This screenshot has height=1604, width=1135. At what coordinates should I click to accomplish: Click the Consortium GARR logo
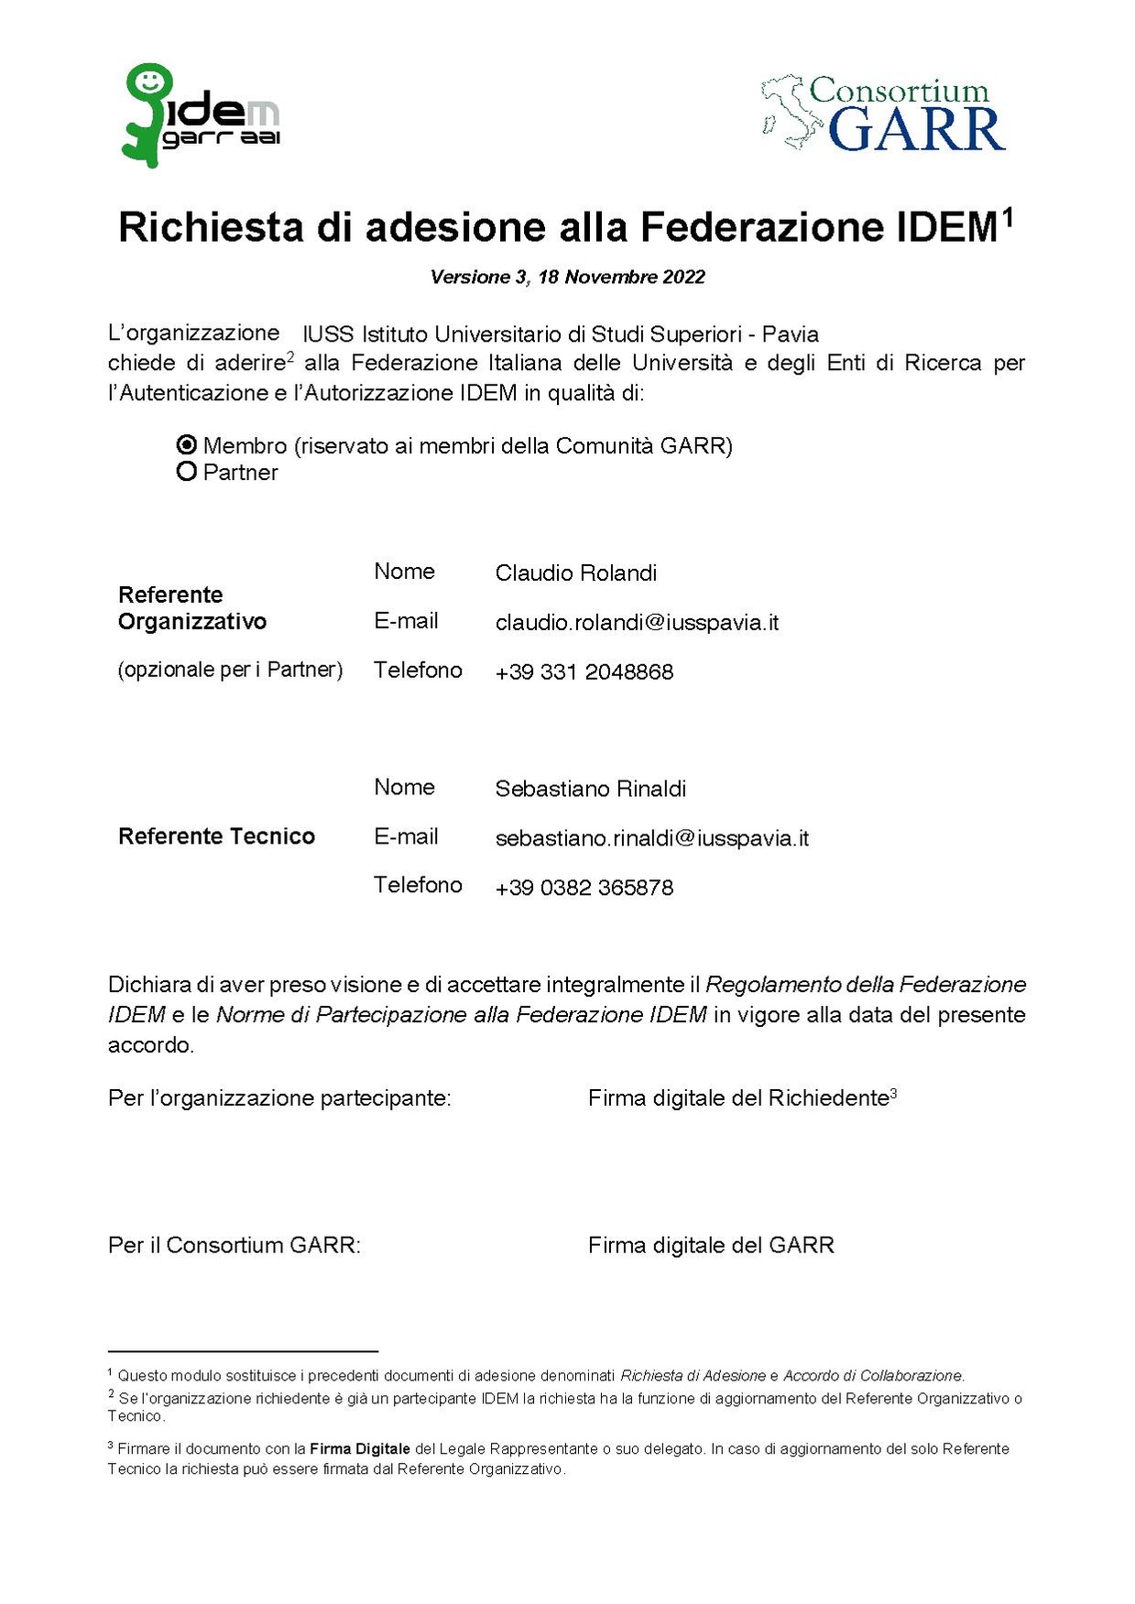pyautogui.click(x=883, y=115)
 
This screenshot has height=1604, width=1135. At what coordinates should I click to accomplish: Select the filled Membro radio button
pyautogui.click(x=187, y=445)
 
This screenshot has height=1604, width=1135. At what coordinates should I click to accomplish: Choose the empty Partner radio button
pyautogui.click(x=187, y=472)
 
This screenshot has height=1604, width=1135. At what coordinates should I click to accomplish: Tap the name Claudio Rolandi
pyautogui.click(x=575, y=573)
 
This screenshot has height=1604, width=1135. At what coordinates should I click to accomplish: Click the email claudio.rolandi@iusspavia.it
pyautogui.click(x=637, y=623)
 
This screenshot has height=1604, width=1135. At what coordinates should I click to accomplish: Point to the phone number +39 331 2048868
pyautogui.click(x=584, y=672)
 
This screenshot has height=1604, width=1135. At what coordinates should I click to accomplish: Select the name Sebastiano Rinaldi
pyautogui.click(x=590, y=789)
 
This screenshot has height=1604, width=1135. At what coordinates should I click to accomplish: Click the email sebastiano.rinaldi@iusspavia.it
pyautogui.click(x=651, y=838)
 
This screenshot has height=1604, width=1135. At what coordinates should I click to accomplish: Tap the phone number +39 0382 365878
pyautogui.click(x=584, y=888)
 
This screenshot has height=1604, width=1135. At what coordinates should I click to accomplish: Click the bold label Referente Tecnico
pyautogui.click(x=216, y=836)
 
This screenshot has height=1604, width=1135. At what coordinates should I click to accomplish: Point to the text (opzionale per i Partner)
pyautogui.click(x=230, y=670)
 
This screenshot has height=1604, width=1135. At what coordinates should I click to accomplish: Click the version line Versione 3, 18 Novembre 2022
pyautogui.click(x=567, y=277)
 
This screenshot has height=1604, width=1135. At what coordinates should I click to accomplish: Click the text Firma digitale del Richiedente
pyautogui.click(x=737, y=1098)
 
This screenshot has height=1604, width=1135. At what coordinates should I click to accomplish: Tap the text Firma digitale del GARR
pyautogui.click(x=711, y=1246)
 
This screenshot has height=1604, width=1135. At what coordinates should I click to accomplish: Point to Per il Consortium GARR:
pyautogui.click(x=234, y=1246)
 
